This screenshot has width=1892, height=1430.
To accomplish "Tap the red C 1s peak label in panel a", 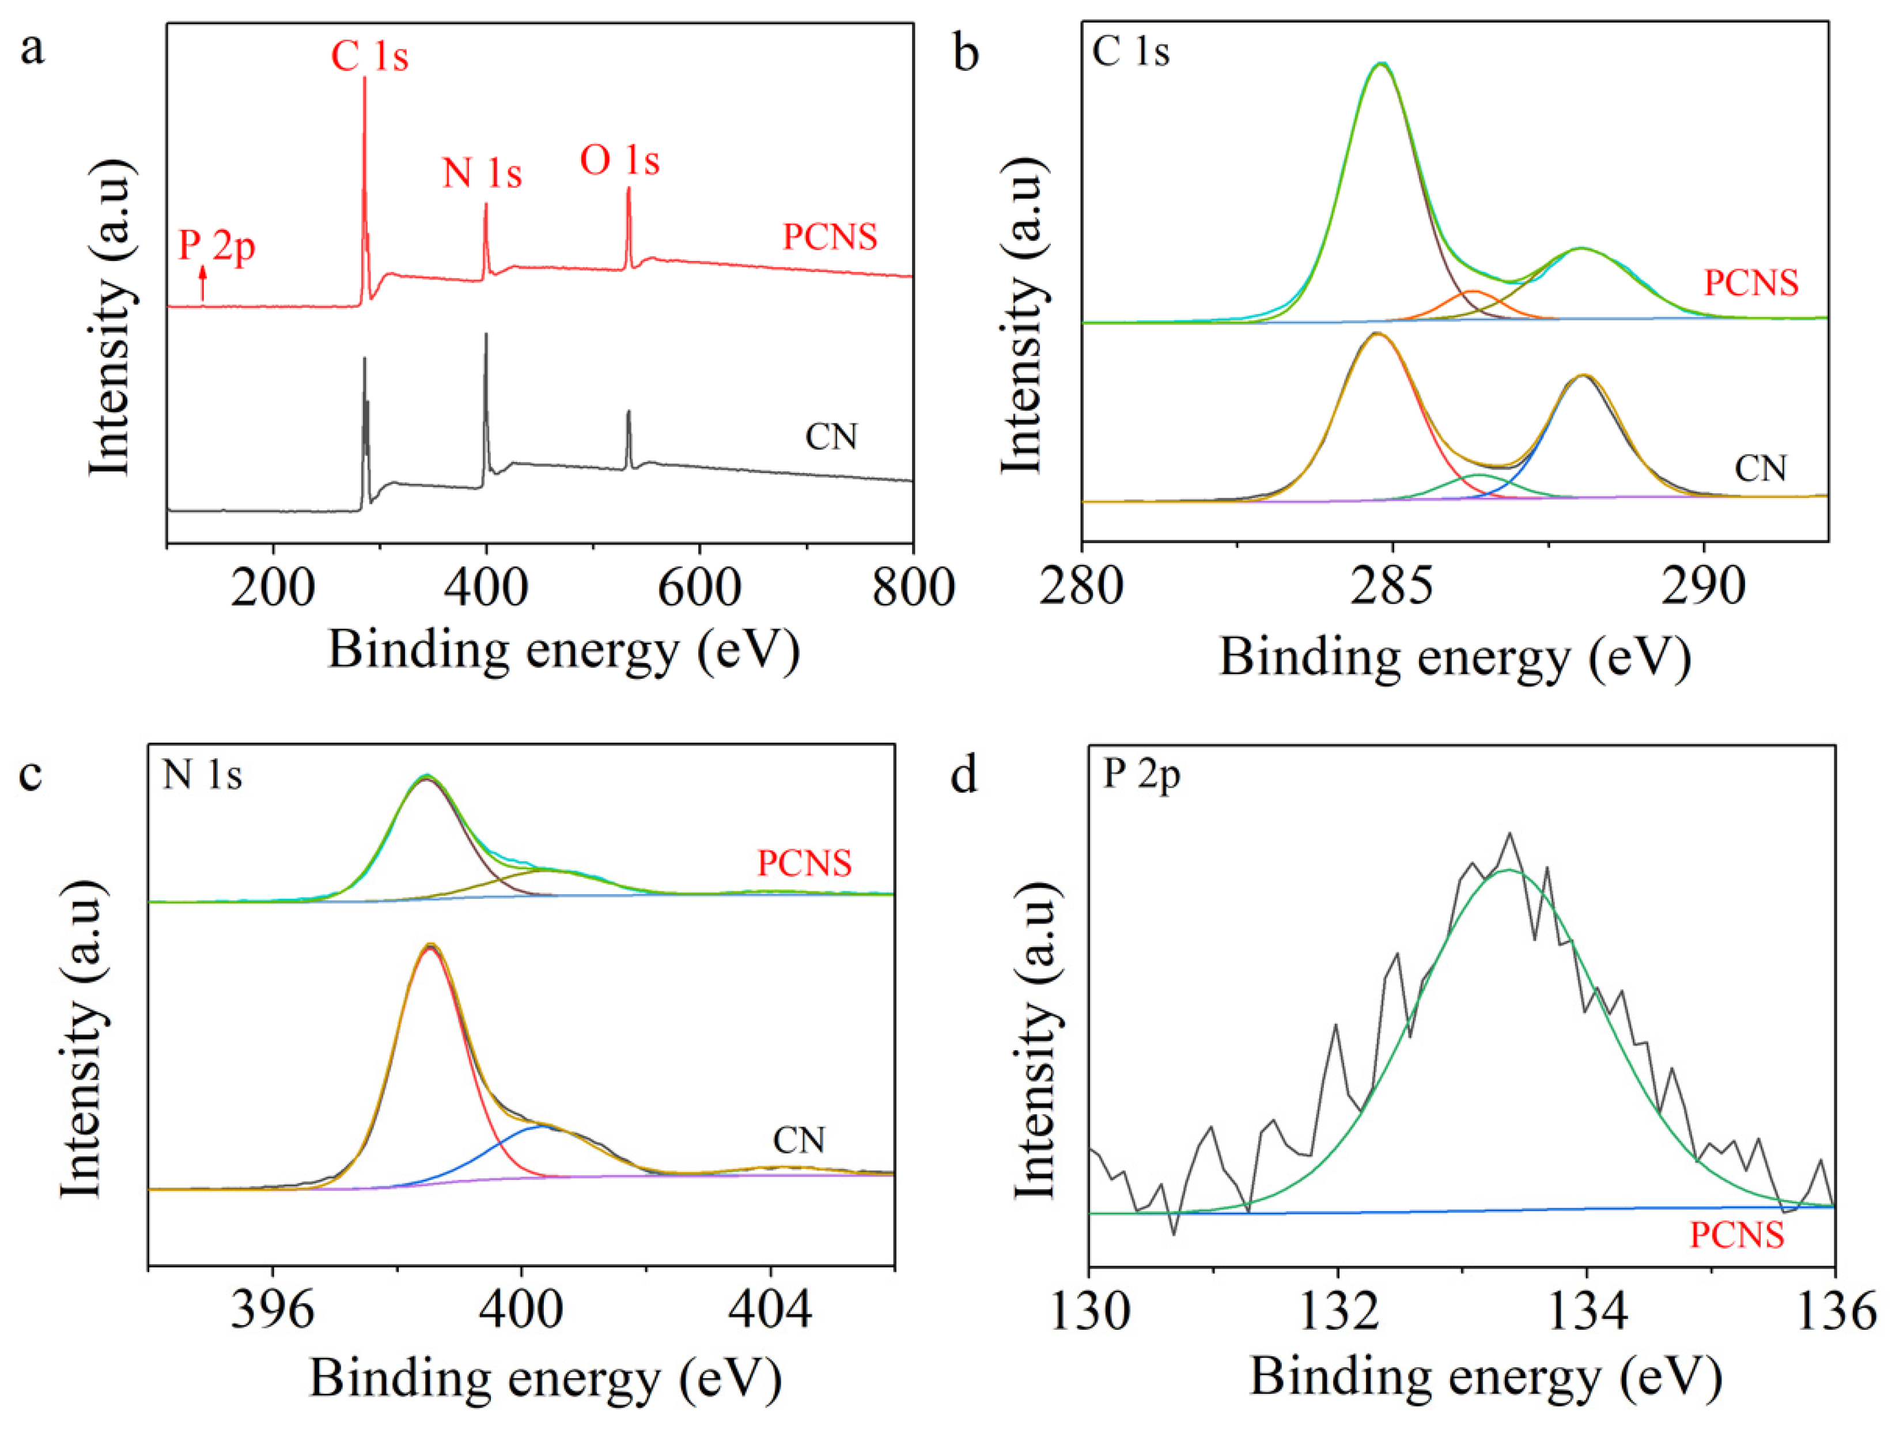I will [x=369, y=57].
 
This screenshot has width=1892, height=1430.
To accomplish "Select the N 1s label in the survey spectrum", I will [x=482, y=173].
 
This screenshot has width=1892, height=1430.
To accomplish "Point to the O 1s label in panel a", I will [x=620, y=161].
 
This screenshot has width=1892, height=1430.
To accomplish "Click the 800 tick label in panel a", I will [x=913, y=588].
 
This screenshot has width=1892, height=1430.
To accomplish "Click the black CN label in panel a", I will [x=831, y=437].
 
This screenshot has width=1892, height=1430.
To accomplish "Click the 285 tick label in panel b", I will [x=1392, y=588].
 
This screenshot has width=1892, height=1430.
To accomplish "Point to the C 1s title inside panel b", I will [x=1131, y=52].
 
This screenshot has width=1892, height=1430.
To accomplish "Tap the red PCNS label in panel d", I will [x=1736, y=1235].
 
